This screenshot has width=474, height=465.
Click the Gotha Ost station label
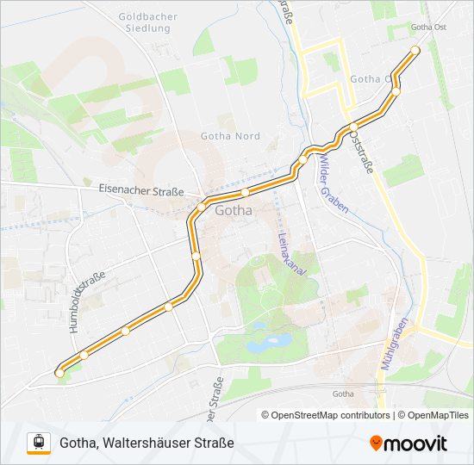[428, 27]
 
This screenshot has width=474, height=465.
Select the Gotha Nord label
[230, 136]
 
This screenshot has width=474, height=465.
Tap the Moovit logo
[409, 443]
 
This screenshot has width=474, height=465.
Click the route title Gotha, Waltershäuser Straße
[147, 443]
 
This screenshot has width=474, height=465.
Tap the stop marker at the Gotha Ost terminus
[415, 50]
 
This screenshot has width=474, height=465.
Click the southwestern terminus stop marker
[59, 372]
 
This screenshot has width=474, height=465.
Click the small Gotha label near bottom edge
[343, 394]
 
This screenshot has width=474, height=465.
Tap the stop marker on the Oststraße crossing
[353, 127]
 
